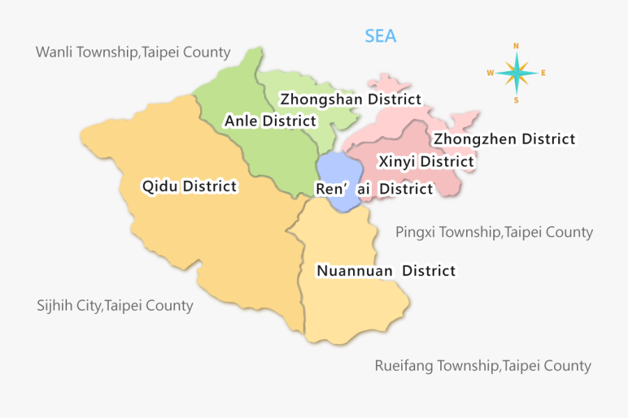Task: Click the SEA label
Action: pos(380,36)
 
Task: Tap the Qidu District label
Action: pos(189,187)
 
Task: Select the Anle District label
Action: pos(270,121)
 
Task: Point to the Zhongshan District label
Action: pos(351,99)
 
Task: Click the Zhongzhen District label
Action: pos(504,139)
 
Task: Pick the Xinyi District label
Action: pos(426,162)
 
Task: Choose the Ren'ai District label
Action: pos(374,189)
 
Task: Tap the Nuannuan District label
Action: pos(386,271)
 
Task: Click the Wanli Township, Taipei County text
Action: pos(133,52)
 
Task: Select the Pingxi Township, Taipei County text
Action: pos(494,232)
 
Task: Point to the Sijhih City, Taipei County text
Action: pos(115,305)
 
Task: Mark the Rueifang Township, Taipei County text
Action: pos(483,366)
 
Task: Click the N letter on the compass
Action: pos(516,46)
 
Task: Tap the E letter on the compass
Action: pos(544,73)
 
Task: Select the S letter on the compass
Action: pos(516,100)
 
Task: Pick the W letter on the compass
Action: pos(490,73)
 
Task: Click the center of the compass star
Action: pos(516,73)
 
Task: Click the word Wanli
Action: pos(53,52)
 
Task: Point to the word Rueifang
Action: pos(402,366)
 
